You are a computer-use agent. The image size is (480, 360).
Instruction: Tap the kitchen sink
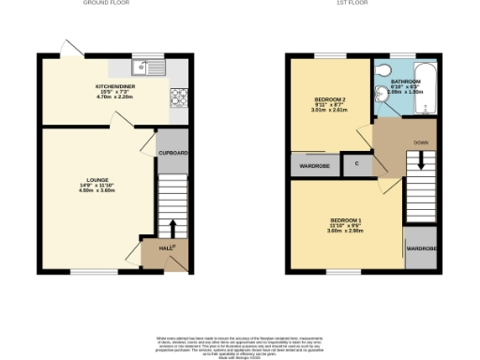click(141, 66)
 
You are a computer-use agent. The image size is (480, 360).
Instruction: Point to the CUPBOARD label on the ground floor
click(172, 152)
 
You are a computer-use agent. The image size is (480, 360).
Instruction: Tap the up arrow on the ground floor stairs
click(172, 228)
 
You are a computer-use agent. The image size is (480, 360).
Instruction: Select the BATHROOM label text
click(406, 82)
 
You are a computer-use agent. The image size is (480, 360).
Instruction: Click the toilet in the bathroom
click(383, 73)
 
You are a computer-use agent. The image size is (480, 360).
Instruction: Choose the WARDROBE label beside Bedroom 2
click(314, 166)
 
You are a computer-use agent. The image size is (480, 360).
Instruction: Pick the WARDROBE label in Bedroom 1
click(419, 248)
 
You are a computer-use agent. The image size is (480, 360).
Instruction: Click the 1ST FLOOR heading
click(359, 4)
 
